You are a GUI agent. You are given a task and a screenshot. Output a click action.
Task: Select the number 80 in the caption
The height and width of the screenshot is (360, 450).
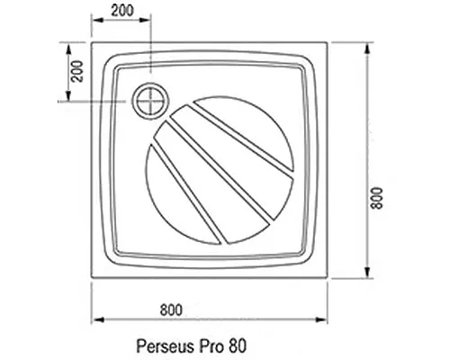[x=235, y=345]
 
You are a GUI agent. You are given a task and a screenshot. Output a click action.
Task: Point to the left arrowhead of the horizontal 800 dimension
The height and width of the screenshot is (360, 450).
[x=97, y=319]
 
